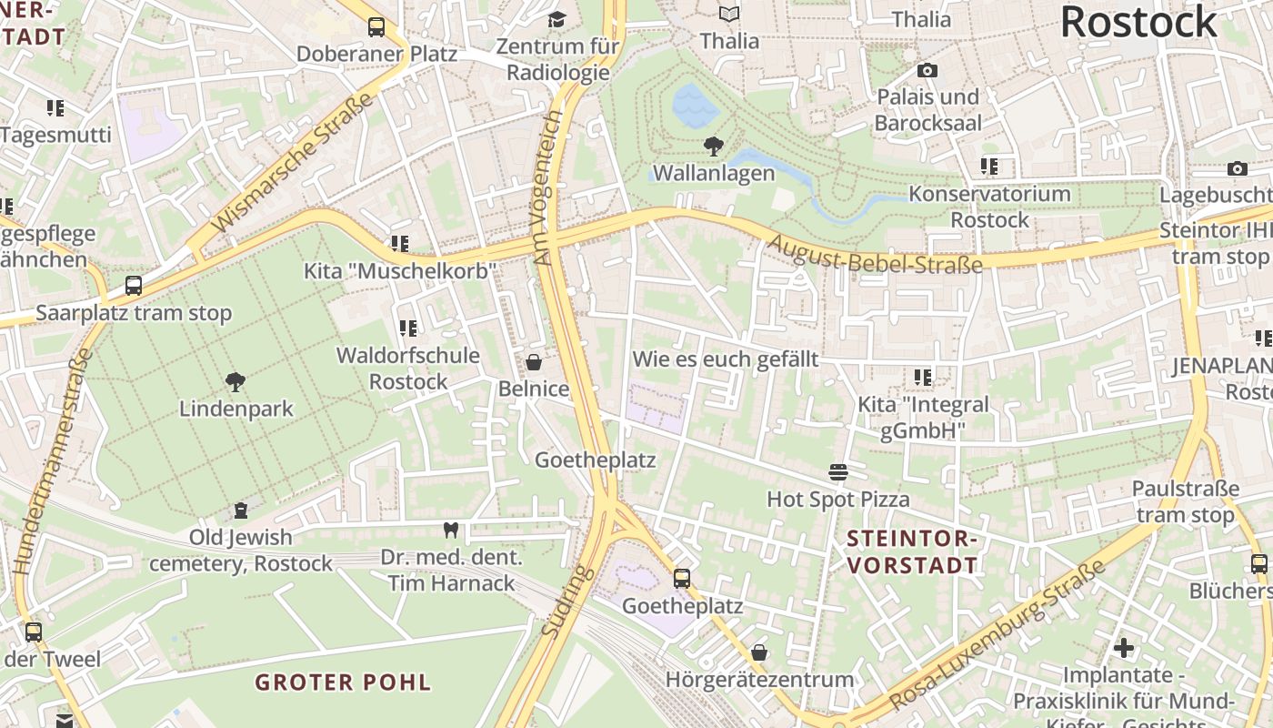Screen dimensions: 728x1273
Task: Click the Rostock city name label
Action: tap(1138, 22)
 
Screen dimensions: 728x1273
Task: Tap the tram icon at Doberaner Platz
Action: tap(376, 27)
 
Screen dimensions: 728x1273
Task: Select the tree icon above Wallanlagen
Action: tap(714, 146)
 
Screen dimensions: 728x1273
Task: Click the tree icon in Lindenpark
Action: tap(236, 381)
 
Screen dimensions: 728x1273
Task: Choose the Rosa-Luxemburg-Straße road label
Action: tap(997, 635)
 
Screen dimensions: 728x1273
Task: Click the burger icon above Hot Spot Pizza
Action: tap(838, 472)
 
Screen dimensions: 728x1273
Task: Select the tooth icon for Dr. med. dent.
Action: tap(450, 530)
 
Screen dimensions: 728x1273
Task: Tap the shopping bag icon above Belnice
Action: tap(534, 362)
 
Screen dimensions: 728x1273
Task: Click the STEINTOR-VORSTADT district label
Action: tap(912, 551)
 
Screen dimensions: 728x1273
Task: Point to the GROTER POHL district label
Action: tap(343, 682)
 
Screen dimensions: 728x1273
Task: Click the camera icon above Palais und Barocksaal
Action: tap(927, 70)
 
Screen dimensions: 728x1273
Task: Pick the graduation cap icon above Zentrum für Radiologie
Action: tap(556, 19)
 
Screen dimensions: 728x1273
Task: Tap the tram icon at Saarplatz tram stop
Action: tap(134, 286)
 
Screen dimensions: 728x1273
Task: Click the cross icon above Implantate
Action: tap(1125, 648)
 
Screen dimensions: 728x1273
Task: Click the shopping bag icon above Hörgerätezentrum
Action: tap(759, 652)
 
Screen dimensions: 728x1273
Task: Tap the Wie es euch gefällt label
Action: tap(725, 359)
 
